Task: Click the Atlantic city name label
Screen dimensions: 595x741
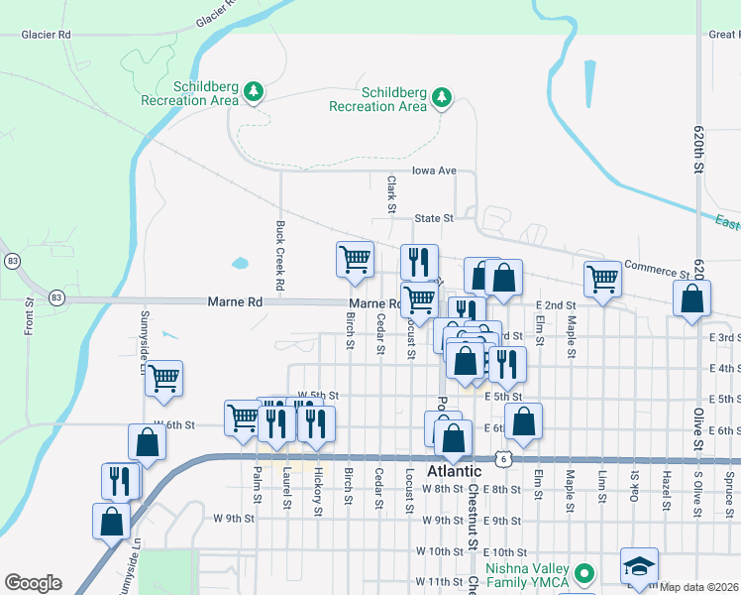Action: tap(454, 471)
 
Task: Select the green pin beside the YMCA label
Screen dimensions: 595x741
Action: tap(585, 573)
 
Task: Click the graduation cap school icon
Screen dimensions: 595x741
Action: tap(639, 566)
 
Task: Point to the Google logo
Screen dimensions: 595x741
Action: tap(33, 583)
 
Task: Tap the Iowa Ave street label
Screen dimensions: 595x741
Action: tap(434, 171)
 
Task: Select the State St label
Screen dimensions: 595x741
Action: tap(433, 218)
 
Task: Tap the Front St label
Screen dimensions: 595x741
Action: tap(30, 309)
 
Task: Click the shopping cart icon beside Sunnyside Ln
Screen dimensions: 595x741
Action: tap(163, 377)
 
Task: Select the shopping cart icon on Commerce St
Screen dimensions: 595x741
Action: tap(601, 279)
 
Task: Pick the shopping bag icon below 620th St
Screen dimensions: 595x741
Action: tap(691, 297)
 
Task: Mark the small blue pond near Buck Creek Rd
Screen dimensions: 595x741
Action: tap(240, 264)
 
